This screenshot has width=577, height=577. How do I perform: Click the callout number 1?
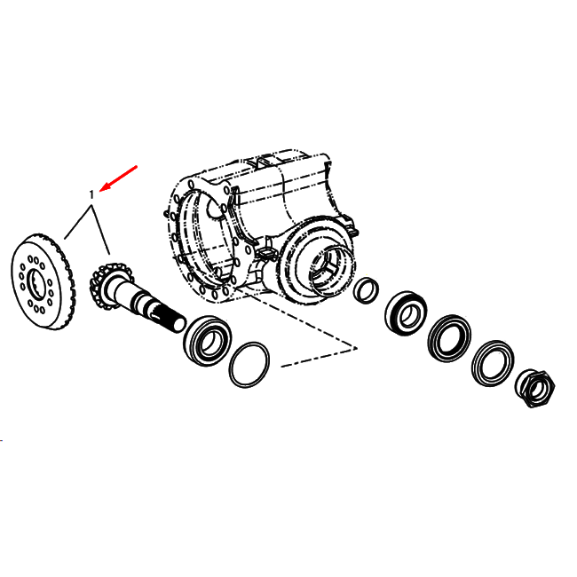(92, 194)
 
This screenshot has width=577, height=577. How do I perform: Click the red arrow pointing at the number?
(118, 178)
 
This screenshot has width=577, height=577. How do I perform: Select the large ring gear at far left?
(43, 281)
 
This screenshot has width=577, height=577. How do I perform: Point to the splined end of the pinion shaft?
(170, 319)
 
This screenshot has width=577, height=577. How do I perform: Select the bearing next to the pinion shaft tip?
(207, 340)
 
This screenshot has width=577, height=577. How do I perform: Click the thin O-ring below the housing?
(249, 365)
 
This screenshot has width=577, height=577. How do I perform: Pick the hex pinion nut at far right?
(535, 388)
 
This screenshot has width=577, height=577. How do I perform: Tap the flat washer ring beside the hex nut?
(493, 364)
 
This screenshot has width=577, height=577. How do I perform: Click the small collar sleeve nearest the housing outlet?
(366, 289)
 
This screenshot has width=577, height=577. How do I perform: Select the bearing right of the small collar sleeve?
(406, 313)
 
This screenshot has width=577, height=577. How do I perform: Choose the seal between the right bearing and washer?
(449, 338)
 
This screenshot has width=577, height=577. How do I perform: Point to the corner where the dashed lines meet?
(356, 348)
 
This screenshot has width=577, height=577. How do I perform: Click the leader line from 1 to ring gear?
(78, 223)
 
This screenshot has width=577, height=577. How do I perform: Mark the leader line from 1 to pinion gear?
(100, 230)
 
